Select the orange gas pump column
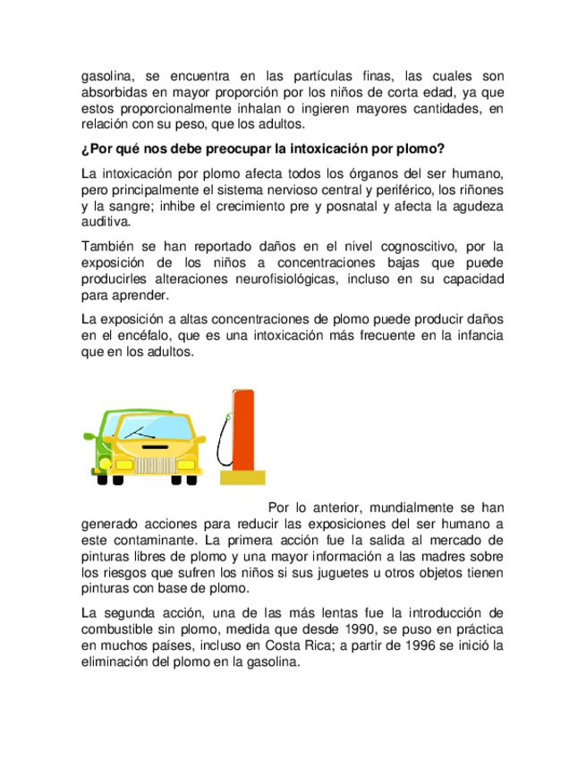point(242,429)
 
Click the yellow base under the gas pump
point(242,476)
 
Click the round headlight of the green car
point(103,465)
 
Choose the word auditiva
point(106,222)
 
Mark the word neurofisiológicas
point(276,279)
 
